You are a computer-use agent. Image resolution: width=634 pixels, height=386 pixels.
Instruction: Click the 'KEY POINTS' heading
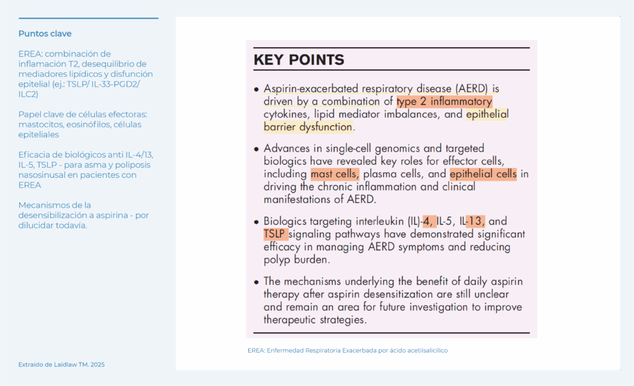point(298,60)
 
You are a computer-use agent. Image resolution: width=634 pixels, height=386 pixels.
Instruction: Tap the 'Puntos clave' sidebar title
point(45,33)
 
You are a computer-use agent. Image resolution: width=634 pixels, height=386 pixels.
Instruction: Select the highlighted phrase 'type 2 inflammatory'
point(444,102)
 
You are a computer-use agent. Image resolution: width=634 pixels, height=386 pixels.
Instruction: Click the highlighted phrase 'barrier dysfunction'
point(308,127)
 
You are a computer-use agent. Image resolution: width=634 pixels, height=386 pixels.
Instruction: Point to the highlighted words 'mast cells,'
point(334,174)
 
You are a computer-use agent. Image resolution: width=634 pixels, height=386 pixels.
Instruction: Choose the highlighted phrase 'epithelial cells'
point(483,174)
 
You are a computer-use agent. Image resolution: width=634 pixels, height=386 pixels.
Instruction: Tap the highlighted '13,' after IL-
point(475,221)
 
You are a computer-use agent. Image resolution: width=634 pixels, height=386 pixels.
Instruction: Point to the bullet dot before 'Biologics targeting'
point(256,222)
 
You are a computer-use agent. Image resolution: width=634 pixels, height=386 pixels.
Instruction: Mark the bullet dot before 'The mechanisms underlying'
point(256,282)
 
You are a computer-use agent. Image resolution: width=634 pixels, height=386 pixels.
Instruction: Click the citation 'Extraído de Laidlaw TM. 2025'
point(61,365)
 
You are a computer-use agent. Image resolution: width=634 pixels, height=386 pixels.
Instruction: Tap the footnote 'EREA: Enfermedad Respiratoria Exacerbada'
point(347,351)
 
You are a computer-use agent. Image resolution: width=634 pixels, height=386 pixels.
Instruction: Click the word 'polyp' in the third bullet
point(277,260)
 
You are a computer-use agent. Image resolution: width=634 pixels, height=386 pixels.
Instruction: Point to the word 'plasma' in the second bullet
point(384,174)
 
